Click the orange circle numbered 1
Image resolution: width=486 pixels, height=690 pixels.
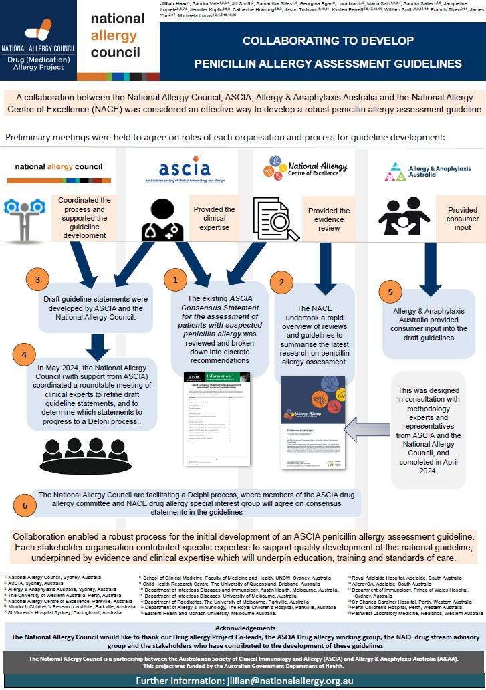(176, 279)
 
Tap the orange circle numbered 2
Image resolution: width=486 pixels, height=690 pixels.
(281, 282)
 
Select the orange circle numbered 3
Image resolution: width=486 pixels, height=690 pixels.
(38, 279)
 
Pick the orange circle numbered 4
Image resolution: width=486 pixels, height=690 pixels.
(24, 354)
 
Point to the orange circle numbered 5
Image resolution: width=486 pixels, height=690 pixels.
(391, 292)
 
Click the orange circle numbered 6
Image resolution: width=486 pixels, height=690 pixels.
(25, 505)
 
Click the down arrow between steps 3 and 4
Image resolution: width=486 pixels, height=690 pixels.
(98, 345)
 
